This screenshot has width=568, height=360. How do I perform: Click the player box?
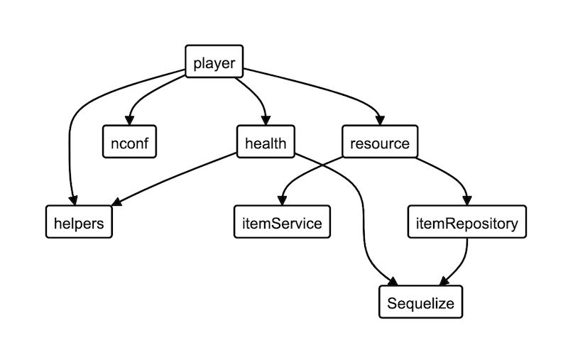214,62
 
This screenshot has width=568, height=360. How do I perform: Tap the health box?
265,143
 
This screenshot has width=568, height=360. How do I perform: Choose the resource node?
380,143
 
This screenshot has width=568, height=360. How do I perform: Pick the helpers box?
79,223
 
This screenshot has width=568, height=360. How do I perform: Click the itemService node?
278,223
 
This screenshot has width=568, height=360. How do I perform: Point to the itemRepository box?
467,223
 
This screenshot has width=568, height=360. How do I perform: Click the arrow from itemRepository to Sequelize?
461,263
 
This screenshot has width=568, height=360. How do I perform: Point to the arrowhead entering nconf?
129,121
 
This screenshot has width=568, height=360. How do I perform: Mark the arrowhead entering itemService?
282,202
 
